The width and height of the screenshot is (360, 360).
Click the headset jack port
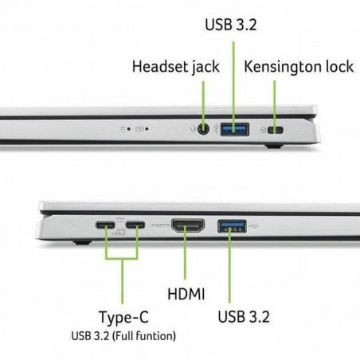pyautogui.click(x=205, y=127)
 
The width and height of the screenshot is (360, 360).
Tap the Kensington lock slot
pyautogui.click(x=275, y=129)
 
